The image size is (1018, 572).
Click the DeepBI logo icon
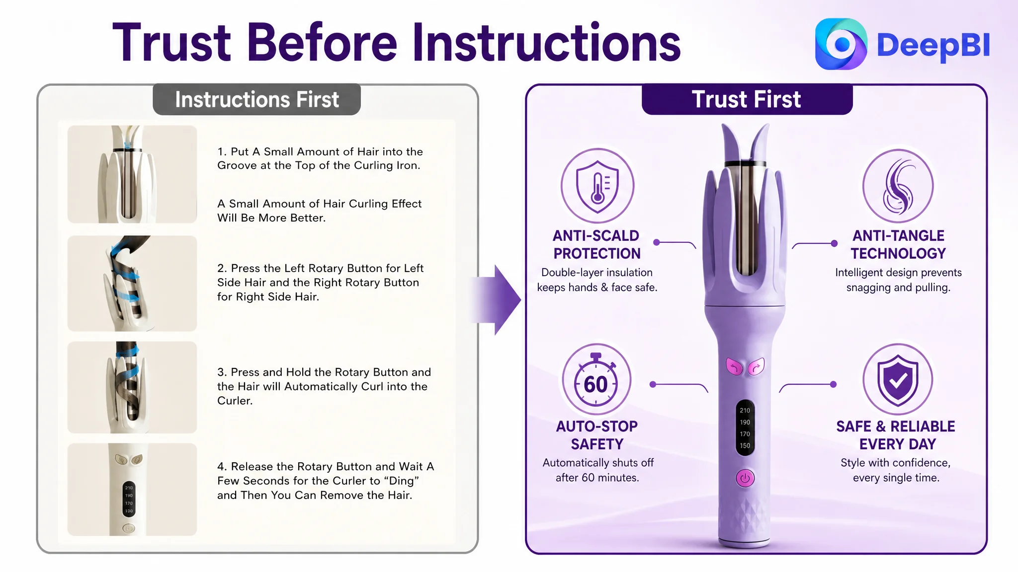(841, 44)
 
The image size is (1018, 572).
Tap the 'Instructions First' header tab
(256, 99)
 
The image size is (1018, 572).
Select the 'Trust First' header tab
(747, 99)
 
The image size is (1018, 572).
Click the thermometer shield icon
(597, 185)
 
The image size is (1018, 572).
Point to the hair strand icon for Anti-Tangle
(898, 186)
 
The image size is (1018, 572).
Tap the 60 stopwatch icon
(596, 380)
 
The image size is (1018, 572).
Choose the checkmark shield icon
(897, 380)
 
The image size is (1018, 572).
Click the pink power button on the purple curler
(745, 478)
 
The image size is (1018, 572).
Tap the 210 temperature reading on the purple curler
(745, 411)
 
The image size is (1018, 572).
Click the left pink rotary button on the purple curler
(734, 366)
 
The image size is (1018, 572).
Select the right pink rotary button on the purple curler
(756, 366)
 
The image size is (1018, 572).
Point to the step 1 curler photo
(132, 174)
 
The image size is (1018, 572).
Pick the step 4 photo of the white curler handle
(132, 490)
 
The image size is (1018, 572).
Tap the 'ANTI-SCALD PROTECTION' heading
(596, 244)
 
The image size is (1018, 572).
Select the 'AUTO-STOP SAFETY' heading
(596, 435)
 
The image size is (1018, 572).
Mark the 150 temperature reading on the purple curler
(745, 446)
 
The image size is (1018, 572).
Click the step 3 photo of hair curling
(132, 387)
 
